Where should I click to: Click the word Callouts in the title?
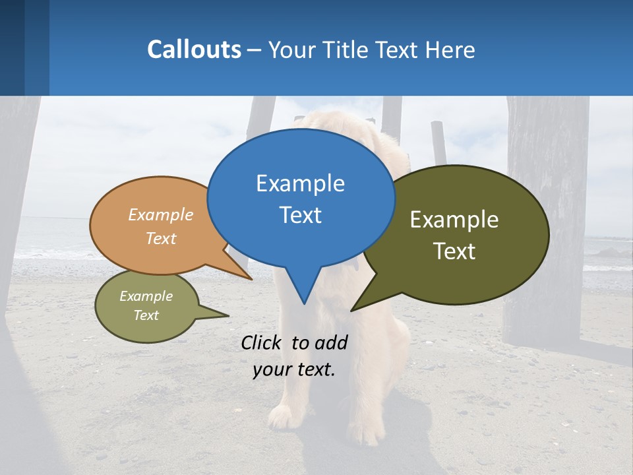194,49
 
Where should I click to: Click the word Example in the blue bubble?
300,183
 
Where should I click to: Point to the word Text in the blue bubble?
300,215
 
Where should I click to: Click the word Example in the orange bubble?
161,215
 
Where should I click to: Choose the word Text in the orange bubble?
161,239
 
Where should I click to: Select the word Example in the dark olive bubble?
454,220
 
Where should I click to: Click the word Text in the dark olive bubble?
454,251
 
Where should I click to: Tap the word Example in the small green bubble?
146,296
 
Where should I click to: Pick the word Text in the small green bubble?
146,315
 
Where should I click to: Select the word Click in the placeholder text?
262,342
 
